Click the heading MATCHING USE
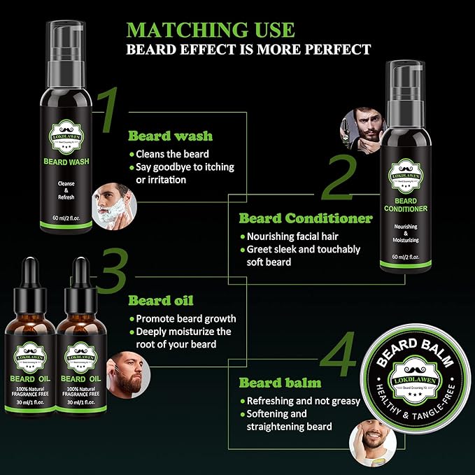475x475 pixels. point(211,30)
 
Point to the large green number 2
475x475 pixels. point(339,178)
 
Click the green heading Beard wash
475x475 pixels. point(170,136)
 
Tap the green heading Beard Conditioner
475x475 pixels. point(306,218)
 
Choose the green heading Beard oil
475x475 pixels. point(159,301)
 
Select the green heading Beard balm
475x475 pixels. point(280,383)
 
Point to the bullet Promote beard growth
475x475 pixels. point(185,318)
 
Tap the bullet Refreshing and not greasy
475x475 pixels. point(302,401)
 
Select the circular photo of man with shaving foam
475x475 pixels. point(116,202)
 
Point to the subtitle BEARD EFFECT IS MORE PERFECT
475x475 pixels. point(248,50)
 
